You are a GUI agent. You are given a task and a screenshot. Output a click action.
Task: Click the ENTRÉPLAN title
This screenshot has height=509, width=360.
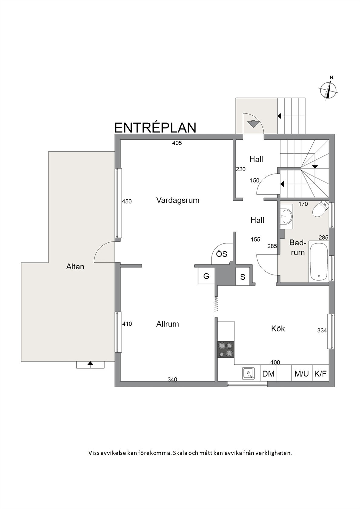click(x=155, y=128)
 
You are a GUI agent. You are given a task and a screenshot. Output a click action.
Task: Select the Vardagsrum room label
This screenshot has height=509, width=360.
click(x=178, y=200)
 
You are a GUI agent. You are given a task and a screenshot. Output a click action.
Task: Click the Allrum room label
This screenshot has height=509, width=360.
click(x=168, y=324)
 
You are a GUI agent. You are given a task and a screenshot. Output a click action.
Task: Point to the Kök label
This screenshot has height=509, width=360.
click(x=278, y=328)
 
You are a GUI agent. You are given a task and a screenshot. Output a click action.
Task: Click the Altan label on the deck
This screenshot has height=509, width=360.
click(x=75, y=267)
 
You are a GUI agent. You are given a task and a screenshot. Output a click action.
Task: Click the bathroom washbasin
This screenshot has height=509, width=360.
click(x=286, y=216)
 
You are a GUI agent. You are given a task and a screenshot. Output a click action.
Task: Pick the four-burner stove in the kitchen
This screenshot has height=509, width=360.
click(x=226, y=349)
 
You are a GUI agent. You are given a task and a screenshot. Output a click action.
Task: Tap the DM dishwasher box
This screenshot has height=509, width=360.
click(x=268, y=374)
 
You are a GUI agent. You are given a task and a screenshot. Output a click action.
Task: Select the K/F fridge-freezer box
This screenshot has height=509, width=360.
click(x=321, y=374)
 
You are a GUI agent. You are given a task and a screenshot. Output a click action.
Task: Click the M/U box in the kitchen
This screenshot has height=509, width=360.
click(x=302, y=374)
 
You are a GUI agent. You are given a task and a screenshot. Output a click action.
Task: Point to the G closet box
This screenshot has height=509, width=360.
click(x=206, y=276)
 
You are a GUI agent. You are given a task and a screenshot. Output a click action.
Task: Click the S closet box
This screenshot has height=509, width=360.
click(x=242, y=277)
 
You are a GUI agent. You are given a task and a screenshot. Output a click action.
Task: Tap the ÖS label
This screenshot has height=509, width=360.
click(x=222, y=254)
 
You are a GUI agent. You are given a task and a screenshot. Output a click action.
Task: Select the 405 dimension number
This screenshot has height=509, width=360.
click(x=177, y=143)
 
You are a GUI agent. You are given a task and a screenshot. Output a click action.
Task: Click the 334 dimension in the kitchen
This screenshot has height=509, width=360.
click(x=322, y=331)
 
